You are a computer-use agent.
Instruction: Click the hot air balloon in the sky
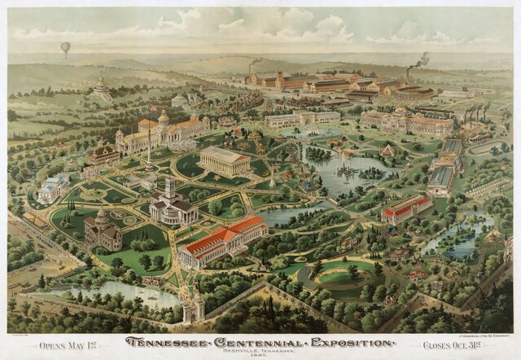point(65,48)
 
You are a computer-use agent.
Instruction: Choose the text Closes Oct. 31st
point(451,345)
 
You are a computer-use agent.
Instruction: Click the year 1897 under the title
point(259,354)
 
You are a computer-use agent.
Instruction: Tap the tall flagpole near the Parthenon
point(149,147)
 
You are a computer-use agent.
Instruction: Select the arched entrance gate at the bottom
point(194,308)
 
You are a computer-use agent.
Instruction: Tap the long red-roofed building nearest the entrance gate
point(221,242)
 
